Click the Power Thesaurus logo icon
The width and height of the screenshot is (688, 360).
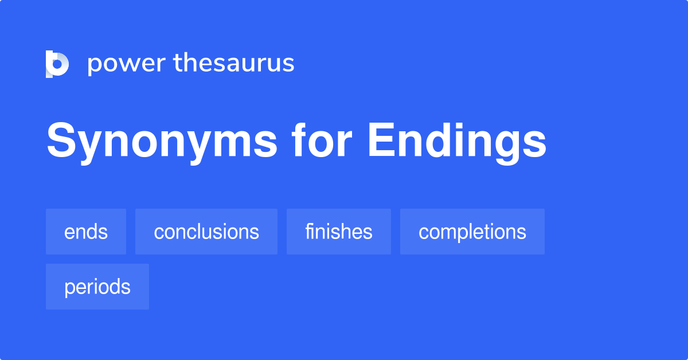[57, 64]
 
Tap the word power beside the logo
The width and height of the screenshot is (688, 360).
[126, 64]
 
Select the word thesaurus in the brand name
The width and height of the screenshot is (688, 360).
[234, 63]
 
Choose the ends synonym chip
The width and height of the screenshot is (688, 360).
[86, 232]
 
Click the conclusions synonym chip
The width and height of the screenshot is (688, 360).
[206, 232]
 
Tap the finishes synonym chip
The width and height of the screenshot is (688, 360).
[339, 232]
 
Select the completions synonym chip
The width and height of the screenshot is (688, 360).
[472, 232]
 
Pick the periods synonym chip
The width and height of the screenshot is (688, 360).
[97, 287]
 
